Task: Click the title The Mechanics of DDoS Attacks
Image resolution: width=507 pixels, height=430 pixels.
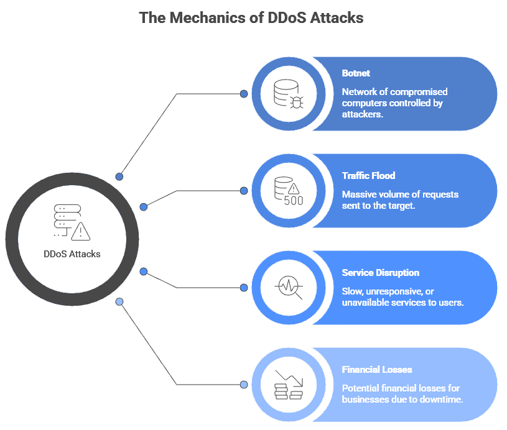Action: click(x=251, y=17)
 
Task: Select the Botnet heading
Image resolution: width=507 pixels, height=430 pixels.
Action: click(x=356, y=73)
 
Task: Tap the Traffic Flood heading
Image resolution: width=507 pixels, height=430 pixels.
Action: click(x=368, y=176)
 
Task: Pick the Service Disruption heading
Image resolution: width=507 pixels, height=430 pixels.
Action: click(x=380, y=273)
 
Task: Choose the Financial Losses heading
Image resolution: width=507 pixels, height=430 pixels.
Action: click(x=377, y=370)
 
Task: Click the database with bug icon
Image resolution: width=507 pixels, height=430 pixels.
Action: click(x=288, y=94)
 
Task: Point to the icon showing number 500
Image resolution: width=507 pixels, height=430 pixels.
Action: click(x=288, y=191)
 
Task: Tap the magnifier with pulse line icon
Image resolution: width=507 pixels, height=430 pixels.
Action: click(x=288, y=288)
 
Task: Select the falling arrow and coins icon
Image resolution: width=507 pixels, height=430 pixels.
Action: click(x=288, y=385)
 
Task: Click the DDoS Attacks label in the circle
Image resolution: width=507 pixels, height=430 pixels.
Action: click(x=72, y=254)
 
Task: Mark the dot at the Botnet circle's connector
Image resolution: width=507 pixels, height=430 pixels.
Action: click(x=244, y=94)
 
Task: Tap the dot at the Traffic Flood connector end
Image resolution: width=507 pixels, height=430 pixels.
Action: click(x=244, y=191)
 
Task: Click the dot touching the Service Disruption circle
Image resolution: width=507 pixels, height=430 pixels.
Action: click(x=244, y=288)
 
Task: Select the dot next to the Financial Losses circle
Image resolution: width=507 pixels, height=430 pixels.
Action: click(x=244, y=385)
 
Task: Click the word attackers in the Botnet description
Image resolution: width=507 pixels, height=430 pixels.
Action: click(x=362, y=114)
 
